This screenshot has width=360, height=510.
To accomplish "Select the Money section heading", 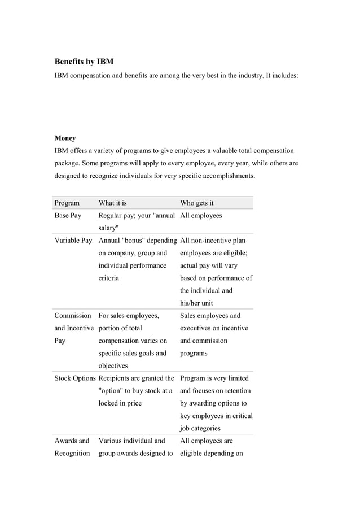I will [65, 138].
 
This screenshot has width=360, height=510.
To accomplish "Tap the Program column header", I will [67, 203].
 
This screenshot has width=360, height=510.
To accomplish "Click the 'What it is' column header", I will [113, 203].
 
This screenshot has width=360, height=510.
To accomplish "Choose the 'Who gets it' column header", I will [197, 203].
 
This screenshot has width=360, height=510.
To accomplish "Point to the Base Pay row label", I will [68, 215].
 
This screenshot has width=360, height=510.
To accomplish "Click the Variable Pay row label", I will [73, 241].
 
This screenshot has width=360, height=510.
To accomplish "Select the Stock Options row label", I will [76, 378].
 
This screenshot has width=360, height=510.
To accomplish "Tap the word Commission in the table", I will [73, 316].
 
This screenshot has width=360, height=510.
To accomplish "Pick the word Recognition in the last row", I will [72, 454].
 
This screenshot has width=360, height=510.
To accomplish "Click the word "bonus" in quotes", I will [133, 241].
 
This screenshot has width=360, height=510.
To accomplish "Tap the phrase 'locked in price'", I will [120, 403].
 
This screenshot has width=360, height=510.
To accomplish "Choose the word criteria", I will [109, 278].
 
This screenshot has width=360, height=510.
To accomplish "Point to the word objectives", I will [115, 365].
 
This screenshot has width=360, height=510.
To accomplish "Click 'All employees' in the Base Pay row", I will [201, 215].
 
